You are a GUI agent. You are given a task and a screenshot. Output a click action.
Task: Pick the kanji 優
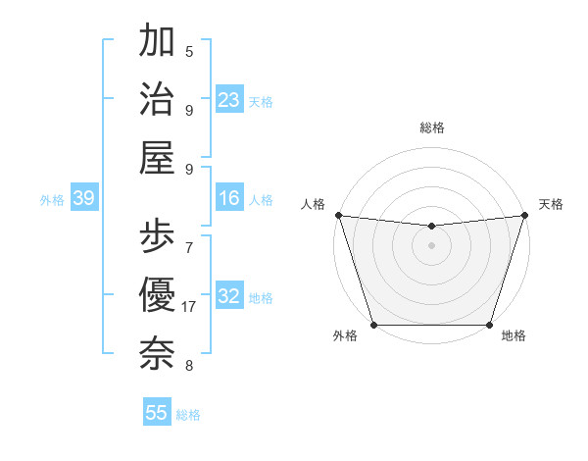coord(157,294)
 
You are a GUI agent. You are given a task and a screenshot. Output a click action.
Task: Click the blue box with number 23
coord(229,99)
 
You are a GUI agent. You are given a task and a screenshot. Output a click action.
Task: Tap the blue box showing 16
coord(229,199)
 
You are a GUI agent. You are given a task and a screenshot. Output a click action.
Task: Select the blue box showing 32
coord(229,296)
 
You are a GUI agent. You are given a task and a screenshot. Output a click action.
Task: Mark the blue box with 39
coord(83,199)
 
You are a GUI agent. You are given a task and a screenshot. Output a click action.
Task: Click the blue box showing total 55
coord(157,413)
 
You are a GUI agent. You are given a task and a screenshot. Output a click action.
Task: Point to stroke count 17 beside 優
coord(190,307)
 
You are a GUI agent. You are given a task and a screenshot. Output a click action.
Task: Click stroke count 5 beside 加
coord(189,52)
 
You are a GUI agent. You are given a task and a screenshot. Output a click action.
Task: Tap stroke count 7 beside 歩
coord(189,247)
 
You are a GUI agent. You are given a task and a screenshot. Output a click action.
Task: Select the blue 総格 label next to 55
coord(189,415)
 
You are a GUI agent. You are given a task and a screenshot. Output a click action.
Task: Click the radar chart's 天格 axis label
coord(551,204)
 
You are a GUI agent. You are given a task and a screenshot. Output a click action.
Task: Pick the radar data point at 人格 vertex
coord(338,215)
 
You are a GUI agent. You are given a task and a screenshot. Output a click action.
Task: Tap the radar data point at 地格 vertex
coord(489,325)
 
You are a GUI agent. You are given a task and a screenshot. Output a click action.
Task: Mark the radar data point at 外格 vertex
coord(373,325)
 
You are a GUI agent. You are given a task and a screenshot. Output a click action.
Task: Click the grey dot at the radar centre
coord(431,244)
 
